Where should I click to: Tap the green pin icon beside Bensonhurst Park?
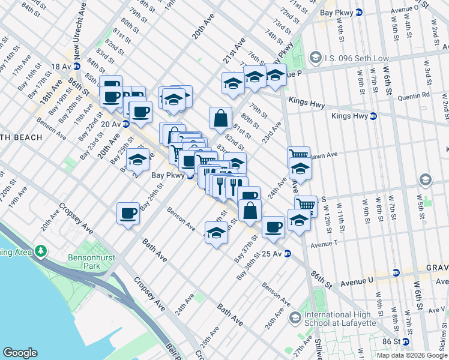(41, 250)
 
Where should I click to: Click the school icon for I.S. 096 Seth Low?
(315, 58)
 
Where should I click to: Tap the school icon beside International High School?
(295, 316)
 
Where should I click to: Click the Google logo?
(20, 353)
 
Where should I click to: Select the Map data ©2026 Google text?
(412, 355)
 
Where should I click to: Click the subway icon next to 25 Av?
(288, 253)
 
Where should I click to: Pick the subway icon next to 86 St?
(406, 341)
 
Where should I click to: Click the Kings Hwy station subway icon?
(373, 116)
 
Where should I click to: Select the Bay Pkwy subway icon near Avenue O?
(359, 12)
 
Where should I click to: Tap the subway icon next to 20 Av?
(126, 124)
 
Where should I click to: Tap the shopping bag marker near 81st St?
(220, 118)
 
